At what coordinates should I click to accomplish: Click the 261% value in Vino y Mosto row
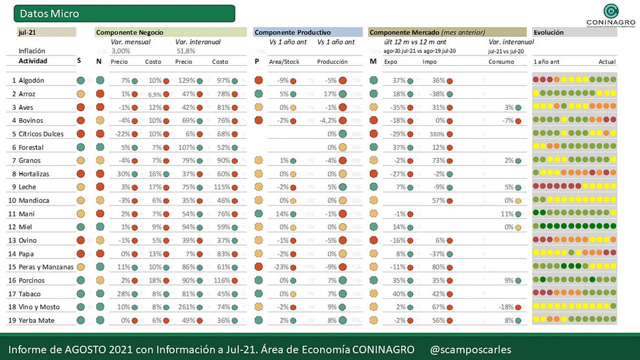point(186,307)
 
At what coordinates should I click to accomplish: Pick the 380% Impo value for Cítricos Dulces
point(437,134)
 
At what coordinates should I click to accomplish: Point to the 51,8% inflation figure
point(186,50)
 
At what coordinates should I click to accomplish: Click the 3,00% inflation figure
point(121,50)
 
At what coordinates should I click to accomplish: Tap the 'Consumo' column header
point(501,62)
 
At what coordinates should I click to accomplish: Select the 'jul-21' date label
point(27,32)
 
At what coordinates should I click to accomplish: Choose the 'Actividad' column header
point(33,61)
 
